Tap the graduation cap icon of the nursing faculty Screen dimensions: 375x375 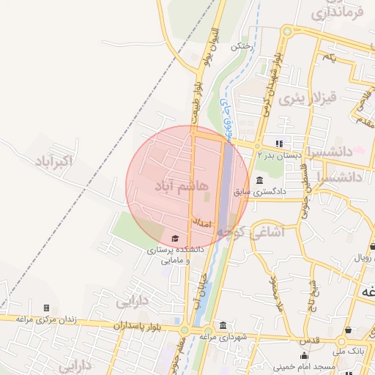174,239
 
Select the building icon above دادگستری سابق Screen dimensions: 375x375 260,181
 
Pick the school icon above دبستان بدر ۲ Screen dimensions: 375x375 278,144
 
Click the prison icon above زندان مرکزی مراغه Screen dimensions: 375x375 47,308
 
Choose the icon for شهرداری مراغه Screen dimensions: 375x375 222,326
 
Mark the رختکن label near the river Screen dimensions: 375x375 240,45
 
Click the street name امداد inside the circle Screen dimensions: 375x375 202,221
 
